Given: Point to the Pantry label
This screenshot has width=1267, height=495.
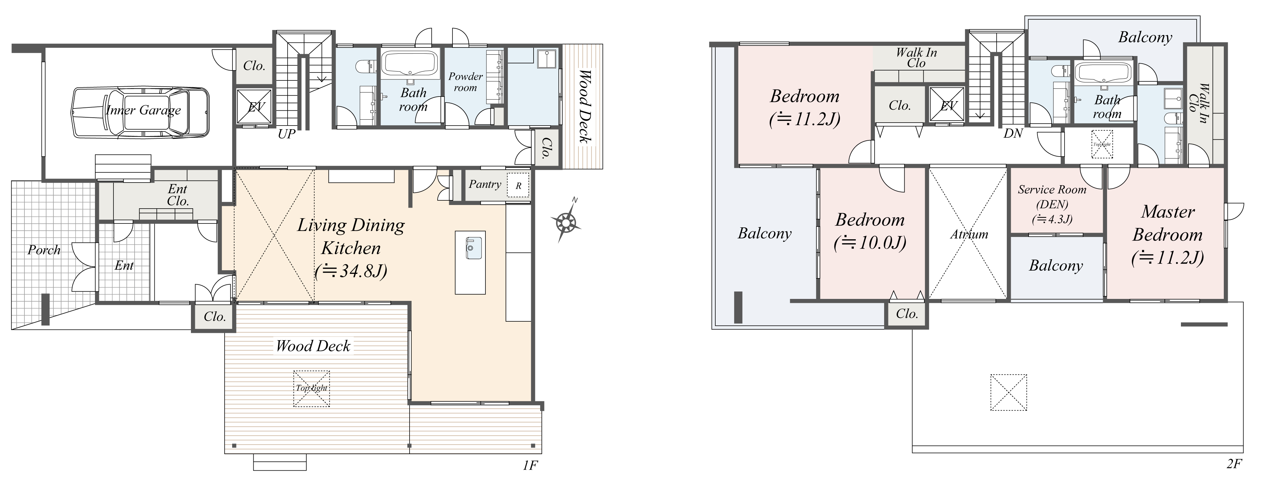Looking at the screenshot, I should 484,184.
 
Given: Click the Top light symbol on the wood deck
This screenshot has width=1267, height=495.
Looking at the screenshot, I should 311,388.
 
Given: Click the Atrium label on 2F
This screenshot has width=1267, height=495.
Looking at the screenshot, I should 969,234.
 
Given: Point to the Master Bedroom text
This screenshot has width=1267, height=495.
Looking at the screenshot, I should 1167,223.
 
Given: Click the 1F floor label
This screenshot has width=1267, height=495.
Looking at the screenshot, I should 530,465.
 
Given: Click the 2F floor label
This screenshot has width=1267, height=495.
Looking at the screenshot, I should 1234,464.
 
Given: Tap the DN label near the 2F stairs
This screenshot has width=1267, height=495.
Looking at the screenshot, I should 1013,133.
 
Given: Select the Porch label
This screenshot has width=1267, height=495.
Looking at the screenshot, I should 44,250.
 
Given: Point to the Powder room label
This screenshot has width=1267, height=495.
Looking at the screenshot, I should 465,82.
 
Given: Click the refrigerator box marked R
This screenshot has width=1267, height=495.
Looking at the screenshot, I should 518,186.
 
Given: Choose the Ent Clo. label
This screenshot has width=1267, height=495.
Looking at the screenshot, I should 177,195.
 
